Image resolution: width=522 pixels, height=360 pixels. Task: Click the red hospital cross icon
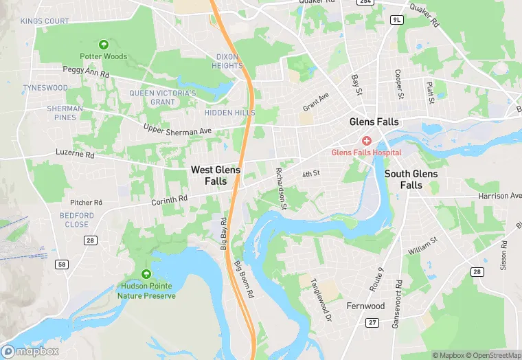(367, 140)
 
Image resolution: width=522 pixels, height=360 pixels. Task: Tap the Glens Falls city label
(374, 122)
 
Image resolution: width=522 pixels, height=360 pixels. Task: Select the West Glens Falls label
(216, 175)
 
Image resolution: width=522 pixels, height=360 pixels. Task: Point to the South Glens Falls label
(411, 179)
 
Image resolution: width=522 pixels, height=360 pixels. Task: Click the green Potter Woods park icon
(104, 45)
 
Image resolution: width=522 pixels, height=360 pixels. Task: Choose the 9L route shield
(396, 19)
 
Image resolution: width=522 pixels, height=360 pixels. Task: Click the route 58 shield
(63, 265)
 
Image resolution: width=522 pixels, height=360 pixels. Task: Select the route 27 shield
(372, 322)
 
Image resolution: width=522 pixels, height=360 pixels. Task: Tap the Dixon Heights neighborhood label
(228, 61)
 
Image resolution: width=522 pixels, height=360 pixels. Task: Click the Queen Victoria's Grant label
(163, 98)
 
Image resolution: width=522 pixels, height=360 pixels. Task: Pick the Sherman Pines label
(65, 113)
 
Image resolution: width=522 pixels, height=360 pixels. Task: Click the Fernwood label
(365, 306)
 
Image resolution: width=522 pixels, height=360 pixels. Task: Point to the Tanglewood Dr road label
(321, 290)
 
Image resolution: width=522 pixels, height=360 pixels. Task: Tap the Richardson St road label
(281, 188)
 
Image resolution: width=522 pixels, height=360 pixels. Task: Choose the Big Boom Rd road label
(244, 278)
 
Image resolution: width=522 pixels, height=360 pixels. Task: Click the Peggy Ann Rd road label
(86, 71)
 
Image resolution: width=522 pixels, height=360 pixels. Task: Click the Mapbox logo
(30, 351)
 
